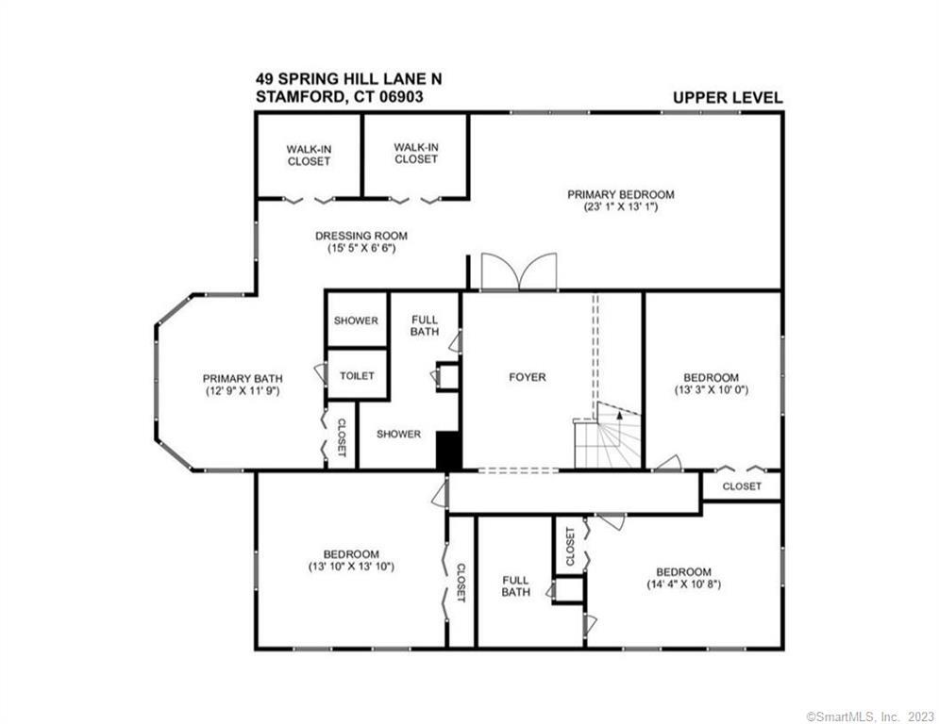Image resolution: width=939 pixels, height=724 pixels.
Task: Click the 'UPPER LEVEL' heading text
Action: coord(728,97)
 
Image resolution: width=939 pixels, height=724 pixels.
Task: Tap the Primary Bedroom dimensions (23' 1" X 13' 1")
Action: coord(621,207)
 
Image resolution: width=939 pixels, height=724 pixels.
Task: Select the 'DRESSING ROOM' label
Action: coord(361,236)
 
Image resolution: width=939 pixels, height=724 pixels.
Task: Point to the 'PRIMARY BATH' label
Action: coord(243,379)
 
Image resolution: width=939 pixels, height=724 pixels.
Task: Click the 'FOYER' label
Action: coord(528,377)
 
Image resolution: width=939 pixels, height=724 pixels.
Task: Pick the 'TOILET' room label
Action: coord(357,376)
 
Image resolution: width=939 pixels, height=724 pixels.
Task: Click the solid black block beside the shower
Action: coord(448,451)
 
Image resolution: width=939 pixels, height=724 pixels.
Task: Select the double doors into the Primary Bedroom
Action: coord(519,272)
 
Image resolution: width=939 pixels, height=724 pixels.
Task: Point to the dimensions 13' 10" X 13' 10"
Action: coord(351,567)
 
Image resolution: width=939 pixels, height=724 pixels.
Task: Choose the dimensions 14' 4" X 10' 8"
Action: coord(684,584)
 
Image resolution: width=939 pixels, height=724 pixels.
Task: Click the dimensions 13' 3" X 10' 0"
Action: coord(712,389)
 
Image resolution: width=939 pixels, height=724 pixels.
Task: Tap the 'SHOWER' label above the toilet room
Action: coord(357,321)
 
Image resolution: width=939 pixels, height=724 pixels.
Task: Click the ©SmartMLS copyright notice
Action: coord(870,716)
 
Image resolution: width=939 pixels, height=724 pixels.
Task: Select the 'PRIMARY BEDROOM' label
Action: coord(621,194)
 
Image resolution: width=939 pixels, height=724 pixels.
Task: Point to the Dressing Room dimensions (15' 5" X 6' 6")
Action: coord(361,248)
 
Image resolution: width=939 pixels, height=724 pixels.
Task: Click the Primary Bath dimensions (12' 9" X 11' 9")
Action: coord(243,391)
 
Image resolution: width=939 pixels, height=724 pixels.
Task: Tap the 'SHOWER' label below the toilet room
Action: coord(399,434)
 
